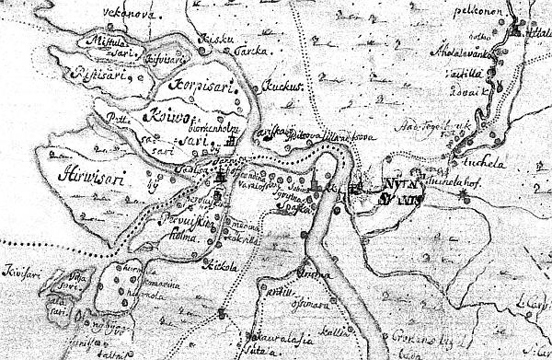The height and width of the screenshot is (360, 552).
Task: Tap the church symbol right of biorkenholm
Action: point(238,144)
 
